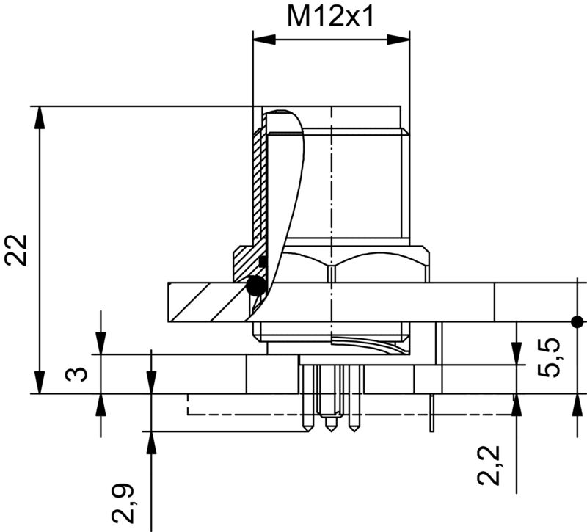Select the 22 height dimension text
pos(17,250)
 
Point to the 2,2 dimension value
pos(489,465)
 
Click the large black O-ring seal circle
pos(256,286)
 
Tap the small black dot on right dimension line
pos(577,321)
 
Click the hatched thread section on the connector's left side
pos(257,191)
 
